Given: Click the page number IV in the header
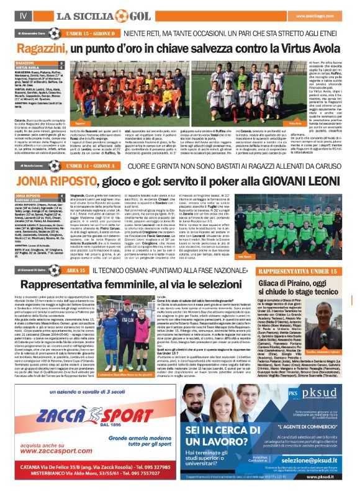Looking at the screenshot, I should tap(22, 14).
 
